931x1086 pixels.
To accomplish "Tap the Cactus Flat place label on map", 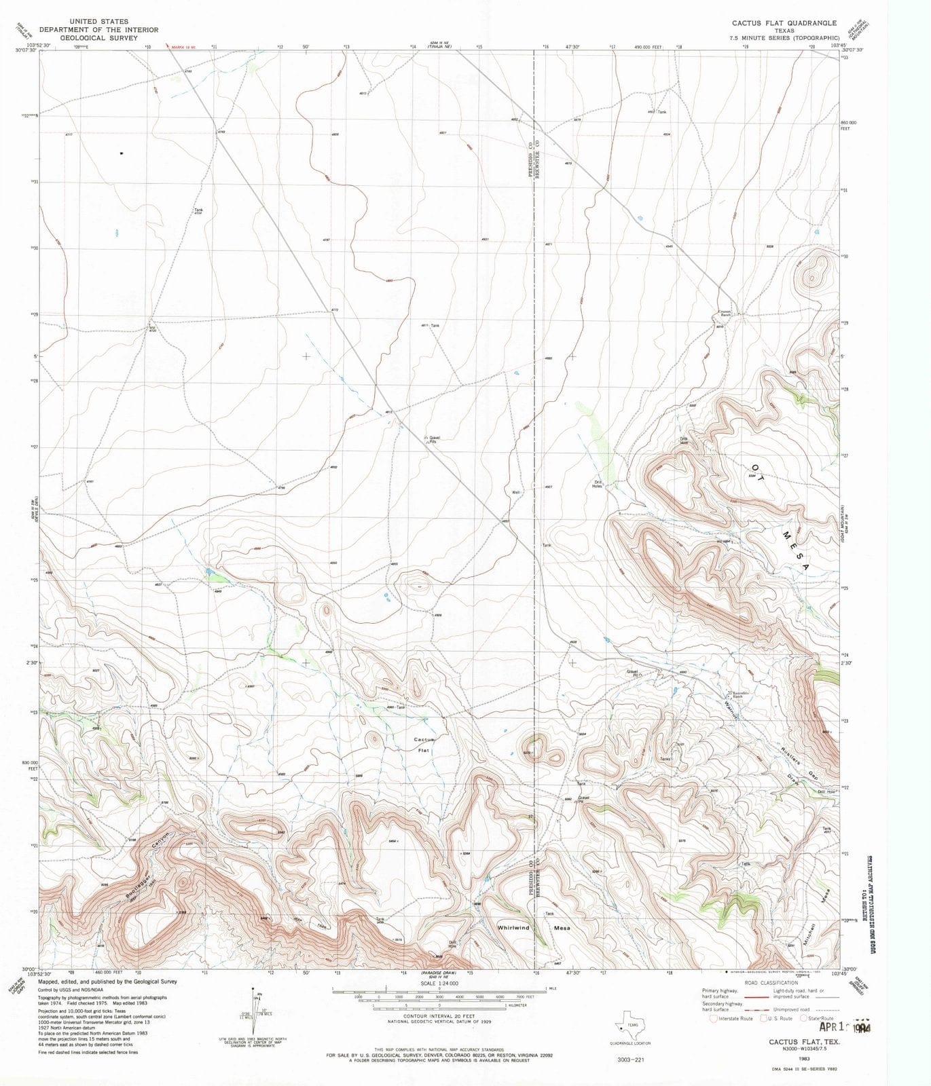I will tap(424, 745).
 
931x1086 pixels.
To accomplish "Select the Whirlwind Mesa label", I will tap(533, 927).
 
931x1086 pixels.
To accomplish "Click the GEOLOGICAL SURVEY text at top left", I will tap(98, 38).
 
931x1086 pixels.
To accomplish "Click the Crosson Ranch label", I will tap(725, 314).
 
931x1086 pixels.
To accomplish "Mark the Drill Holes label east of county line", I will tap(597, 484).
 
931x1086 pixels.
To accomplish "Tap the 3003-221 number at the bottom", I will tap(629, 1060).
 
